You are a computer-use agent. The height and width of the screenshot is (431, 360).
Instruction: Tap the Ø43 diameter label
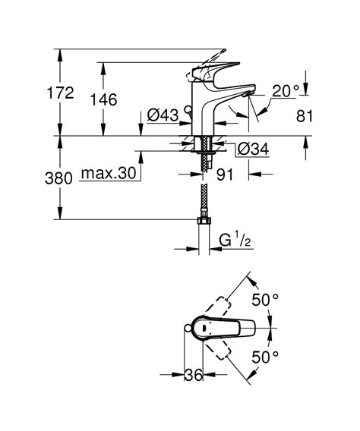163,115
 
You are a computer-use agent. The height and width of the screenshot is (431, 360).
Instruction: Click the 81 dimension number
303,117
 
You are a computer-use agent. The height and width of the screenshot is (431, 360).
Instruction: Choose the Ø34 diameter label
251,150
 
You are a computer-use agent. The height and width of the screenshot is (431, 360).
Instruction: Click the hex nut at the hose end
203,221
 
